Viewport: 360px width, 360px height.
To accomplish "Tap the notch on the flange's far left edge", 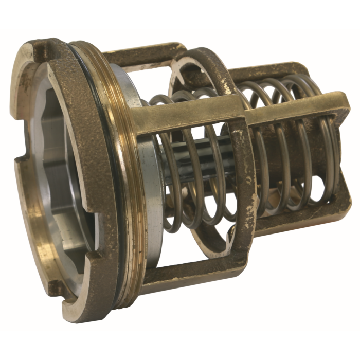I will click(20, 164).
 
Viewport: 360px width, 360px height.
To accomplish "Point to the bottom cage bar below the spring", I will click(195, 267).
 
